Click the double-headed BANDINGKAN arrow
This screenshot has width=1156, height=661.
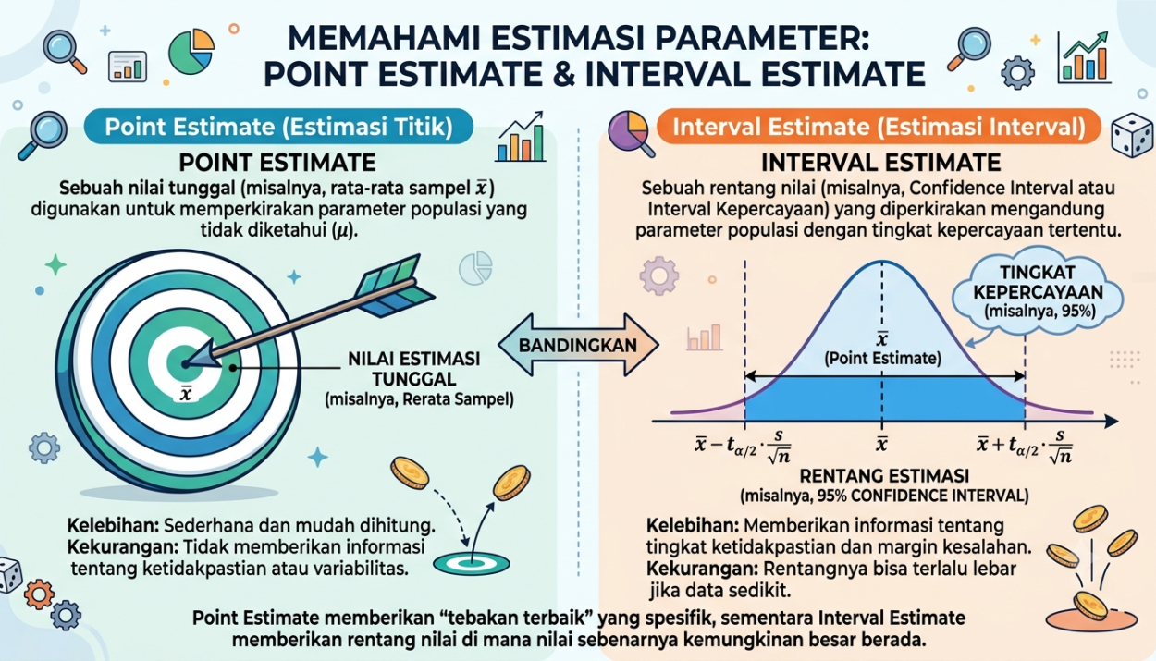(x=578, y=345)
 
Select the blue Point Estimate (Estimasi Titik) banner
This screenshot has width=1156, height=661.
(x=278, y=127)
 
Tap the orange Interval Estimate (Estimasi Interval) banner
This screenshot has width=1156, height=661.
(x=879, y=127)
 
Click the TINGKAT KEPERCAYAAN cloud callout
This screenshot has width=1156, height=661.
(x=1039, y=292)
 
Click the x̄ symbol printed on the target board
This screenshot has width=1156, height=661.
(x=186, y=394)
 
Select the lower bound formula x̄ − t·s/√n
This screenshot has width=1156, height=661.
(x=744, y=447)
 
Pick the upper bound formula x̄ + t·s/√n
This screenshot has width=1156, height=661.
(x=1025, y=447)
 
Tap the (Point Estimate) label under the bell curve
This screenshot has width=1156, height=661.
(x=882, y=358)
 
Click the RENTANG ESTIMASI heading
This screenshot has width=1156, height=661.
(x=884, y=476)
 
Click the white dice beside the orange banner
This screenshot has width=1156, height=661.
(x=1132, y=135)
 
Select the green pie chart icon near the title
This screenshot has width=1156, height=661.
(x=191, y=52)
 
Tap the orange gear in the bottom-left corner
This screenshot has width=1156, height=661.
(x=39, y=594)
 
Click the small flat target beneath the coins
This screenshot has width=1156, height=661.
(x=472, y=563)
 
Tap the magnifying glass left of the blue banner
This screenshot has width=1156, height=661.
(x=43, y=135)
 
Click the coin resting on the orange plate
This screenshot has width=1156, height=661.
(x=1090, y=606)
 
